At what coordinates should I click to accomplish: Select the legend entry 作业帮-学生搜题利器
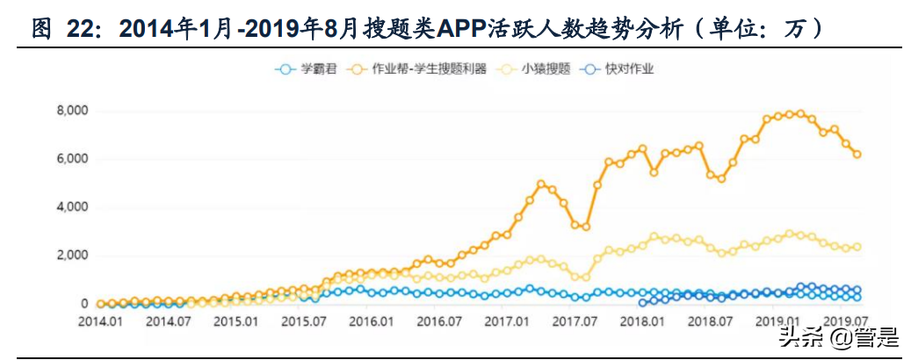click(x=429, y=68)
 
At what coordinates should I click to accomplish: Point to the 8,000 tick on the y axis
click(x=69, y=111)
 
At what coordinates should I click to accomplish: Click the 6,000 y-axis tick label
click(x=69, y=159)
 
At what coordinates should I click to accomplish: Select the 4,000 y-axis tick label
click(x=69, y=207)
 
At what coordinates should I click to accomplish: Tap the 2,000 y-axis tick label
click(x=69, y=256)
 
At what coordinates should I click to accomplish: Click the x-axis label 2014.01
click(x=99, y=321)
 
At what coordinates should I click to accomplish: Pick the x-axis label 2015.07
click(x=303, y=321)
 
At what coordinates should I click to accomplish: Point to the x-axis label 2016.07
click(x=438, y=321)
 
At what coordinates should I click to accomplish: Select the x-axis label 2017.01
click(x=507, y=321)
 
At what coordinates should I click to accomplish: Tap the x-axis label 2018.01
click(x=642, y=321)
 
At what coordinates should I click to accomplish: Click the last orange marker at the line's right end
click(x=857, y=154)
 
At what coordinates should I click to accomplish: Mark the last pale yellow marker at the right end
click(x=857, y=247)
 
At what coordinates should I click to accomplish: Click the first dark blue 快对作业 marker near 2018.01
click(x=642, y=302)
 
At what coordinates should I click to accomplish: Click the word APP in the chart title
click(x=471, y=29)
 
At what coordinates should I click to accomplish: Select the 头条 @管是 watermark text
click(x=834, y=335)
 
